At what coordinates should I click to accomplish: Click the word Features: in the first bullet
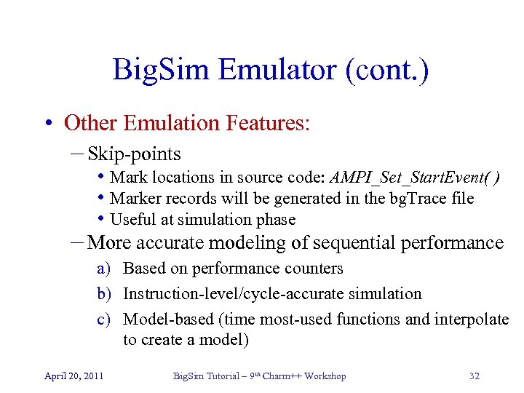coord(269,122)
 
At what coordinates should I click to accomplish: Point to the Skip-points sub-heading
coord(133,154)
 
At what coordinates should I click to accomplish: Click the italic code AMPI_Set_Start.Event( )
coord(415,178)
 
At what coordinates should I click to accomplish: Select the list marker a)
coord(104,269)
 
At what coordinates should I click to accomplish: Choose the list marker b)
coord(104,294)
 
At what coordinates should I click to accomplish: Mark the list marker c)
coord(104,319)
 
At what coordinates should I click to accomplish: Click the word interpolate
coord(474,319)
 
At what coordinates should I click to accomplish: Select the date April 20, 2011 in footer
coord(74,376)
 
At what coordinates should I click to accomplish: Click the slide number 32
coord(475,376)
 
